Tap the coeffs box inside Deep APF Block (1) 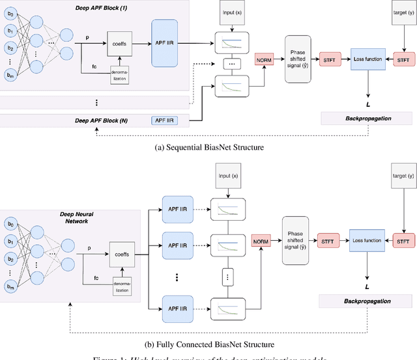click(121, 45)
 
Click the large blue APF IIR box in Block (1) click(169, 43)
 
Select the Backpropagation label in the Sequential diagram click(366, 118)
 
